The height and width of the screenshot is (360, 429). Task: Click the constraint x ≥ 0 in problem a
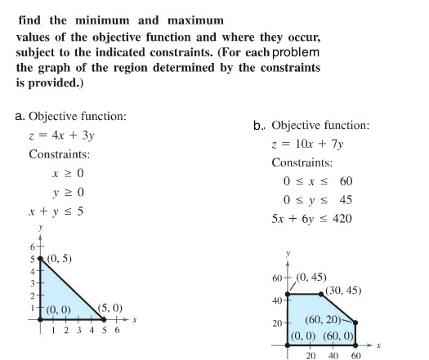coord(69,174)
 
